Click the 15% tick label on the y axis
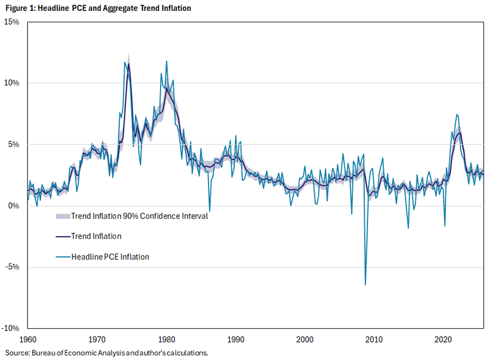[12, 22]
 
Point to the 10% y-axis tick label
[12, 83]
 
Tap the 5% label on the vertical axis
[13, 144]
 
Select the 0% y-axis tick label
[13, 206]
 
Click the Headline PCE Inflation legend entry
[110, 257]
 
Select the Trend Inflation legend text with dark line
[96, 236]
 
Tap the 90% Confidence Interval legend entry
[139, 216]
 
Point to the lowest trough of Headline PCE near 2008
[365, 284]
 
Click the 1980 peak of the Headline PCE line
[166, 61]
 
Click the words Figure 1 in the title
[19, 8]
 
